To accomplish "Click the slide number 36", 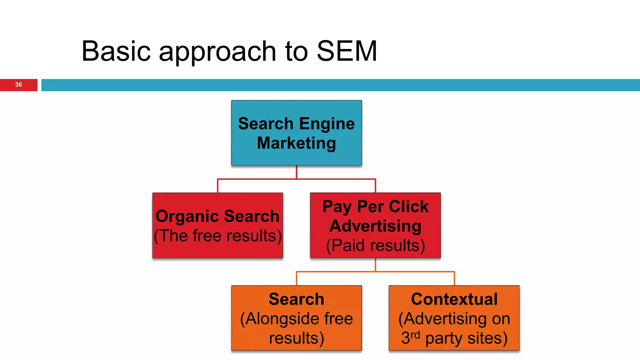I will pos(18,85).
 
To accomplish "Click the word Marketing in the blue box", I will pos(296,143).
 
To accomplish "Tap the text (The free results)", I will pos(218,236).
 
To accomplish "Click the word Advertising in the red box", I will pos(375,226).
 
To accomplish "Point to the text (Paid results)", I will pos(375,246).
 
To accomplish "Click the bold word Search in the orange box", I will pos(296,299).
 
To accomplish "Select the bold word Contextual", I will pos(454,299).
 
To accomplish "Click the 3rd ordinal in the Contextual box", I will pos(410,337).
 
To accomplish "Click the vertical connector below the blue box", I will pos(296,172).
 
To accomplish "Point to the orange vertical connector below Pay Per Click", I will pos(375,265).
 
